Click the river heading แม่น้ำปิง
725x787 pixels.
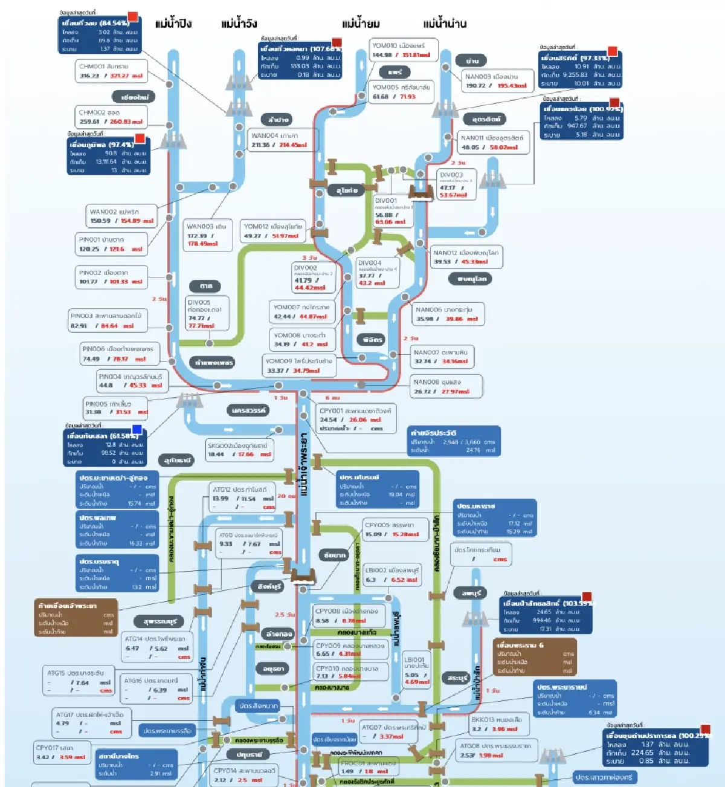(x=173, y=24)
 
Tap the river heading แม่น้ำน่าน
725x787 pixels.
(x=445, y=24)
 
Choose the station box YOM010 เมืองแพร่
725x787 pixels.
(x=402, y=50)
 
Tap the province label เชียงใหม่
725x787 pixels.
(x=134, y=97)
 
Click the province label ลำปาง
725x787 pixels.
(x=278, y=120)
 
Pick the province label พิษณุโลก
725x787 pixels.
(x=471, y=279)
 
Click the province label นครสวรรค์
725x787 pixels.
(x=248, y=410)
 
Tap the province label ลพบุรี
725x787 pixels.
(x=471, y=593)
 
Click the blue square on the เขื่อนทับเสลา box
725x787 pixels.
(x=137, y=429)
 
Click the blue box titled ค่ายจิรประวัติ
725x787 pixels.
(x=454, y=441)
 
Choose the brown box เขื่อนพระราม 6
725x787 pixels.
(x=535, y=658)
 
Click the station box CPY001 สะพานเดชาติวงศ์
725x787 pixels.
(x=356, y=419)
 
